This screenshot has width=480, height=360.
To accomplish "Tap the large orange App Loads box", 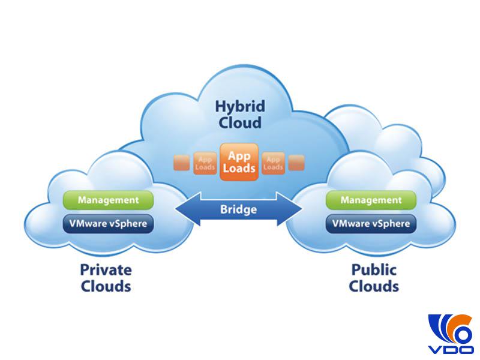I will pos(239,161).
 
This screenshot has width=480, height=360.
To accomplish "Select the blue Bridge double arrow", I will pos(238,210).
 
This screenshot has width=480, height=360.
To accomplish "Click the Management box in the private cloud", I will pos(109,200).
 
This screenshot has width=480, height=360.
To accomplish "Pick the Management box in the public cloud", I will pos(371,200).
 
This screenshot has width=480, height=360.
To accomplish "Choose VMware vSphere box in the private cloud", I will pos(109,224).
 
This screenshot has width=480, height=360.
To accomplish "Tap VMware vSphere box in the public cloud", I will pos(371,224).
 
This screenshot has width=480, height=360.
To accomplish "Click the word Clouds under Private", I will pos(106,286).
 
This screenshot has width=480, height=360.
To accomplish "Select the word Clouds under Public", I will pos(374,286).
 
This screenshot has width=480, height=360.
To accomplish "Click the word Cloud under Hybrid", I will pos(239,123).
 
